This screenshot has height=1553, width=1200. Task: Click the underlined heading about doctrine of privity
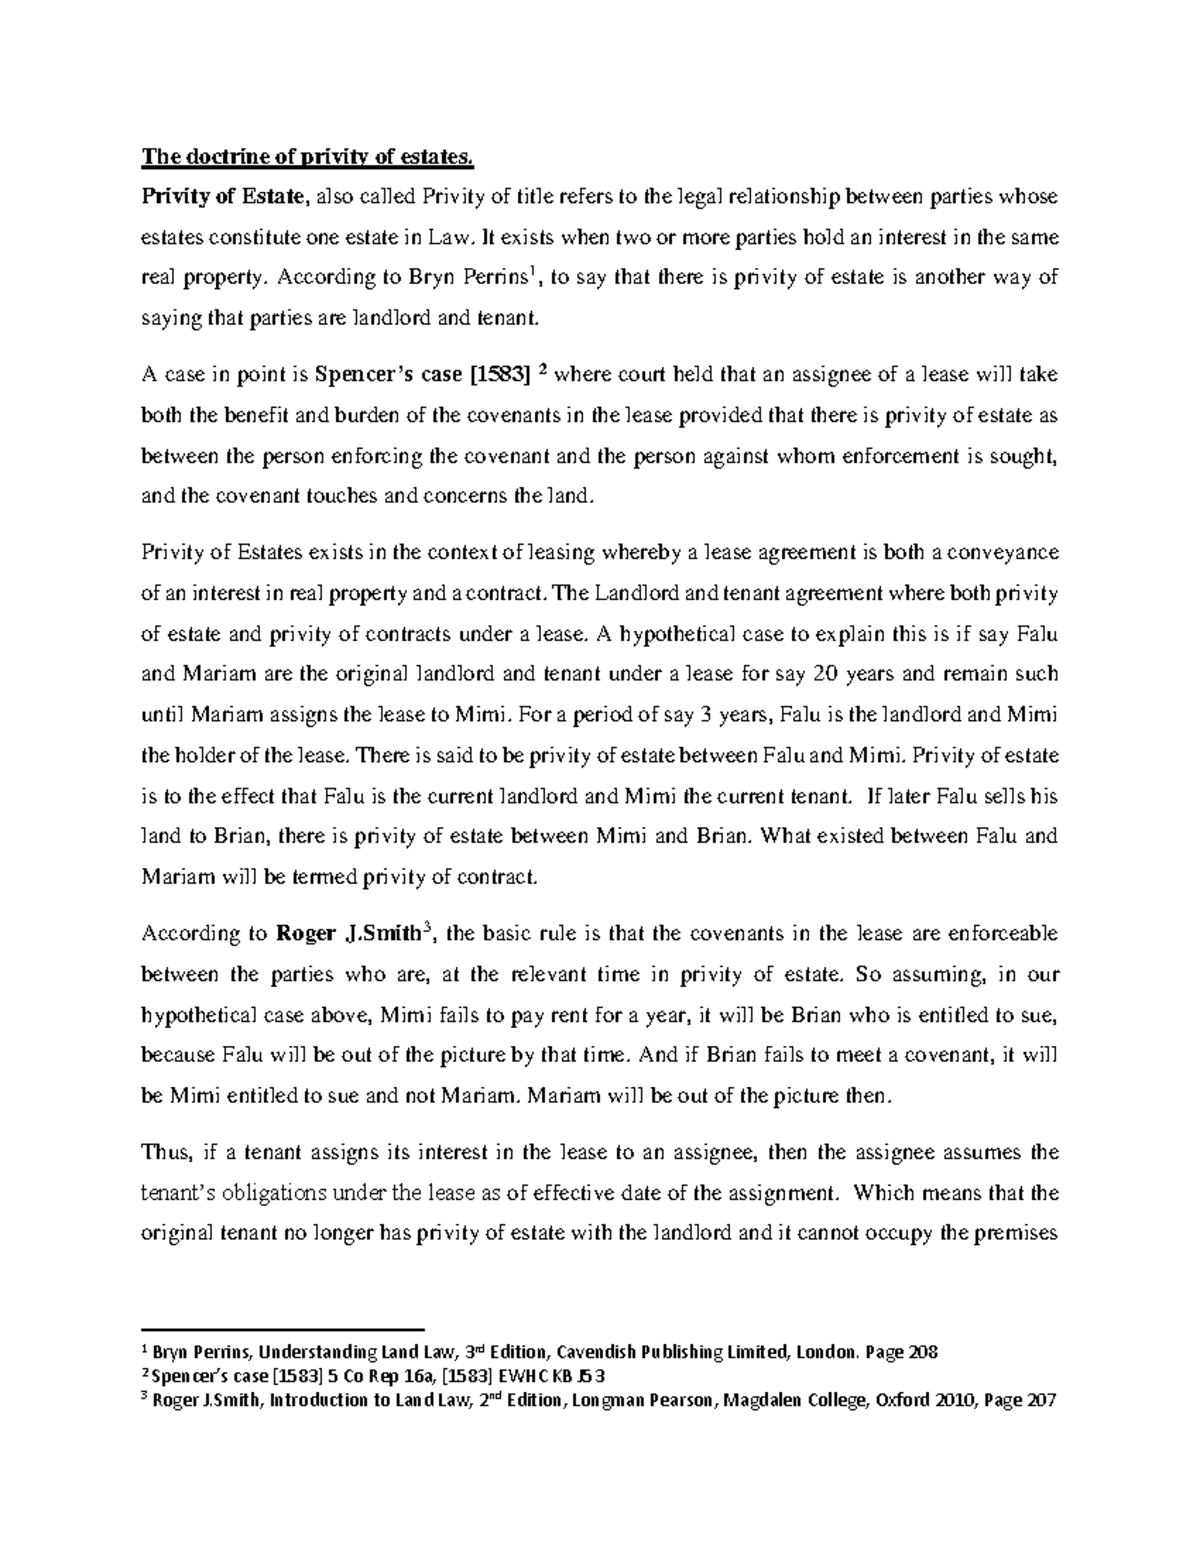305,156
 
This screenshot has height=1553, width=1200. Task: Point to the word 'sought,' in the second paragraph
1024,456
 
